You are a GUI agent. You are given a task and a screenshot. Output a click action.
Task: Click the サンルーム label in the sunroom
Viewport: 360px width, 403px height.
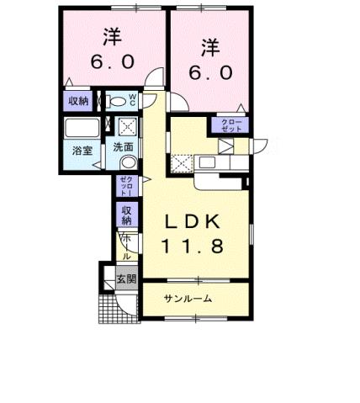pos(187,300)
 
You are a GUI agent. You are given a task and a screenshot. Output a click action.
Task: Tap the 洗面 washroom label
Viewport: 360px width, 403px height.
pos(124,146)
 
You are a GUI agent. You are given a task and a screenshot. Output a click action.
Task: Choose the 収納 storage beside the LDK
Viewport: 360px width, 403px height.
pos(127,215)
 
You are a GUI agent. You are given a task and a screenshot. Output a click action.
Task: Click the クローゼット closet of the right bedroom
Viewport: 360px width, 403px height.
pos(231,126)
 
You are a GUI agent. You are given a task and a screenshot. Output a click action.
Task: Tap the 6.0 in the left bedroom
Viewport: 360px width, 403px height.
pos(110,61)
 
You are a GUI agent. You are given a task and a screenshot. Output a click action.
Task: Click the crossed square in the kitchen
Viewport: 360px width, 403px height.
pos(181,162)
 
